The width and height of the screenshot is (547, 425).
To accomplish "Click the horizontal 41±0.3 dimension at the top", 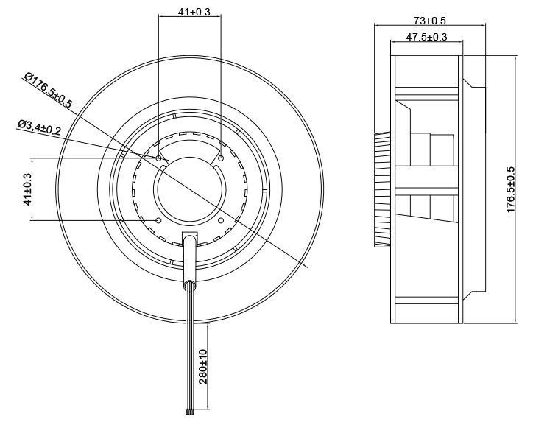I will point(190,12).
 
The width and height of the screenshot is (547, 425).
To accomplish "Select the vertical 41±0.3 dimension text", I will point(28,189).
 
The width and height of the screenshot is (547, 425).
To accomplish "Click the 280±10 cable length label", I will point(203,367).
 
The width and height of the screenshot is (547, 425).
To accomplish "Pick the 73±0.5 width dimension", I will point(430,20).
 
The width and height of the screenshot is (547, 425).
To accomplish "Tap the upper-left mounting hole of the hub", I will point(159,158).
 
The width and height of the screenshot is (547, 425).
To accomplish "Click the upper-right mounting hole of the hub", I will point(222,158).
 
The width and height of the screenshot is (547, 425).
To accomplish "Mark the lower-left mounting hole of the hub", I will point(159,220).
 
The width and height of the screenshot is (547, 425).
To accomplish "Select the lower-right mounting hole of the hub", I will point(222,220).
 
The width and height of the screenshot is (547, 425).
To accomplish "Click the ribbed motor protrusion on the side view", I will point(382,189).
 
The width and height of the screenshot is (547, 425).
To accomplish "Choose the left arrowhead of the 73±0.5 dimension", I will point(378,26).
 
